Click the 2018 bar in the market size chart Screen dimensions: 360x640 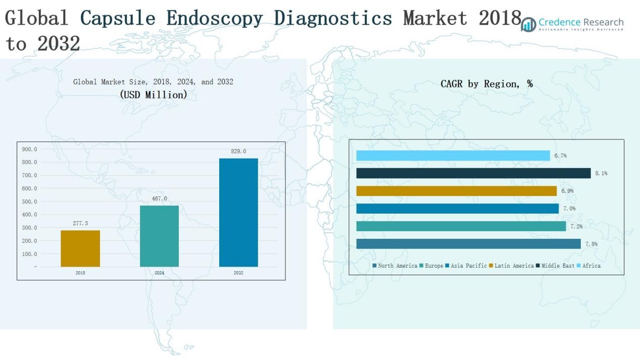click(x=80, y=248)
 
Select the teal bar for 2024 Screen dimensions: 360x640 click(x=159, y=236)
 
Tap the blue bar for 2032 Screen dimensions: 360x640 click(x=238, y=213)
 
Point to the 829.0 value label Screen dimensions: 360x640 click(x=238, y=151)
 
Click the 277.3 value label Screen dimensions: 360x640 click(x=80, y=223)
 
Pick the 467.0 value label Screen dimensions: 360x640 click(x=159, y=198)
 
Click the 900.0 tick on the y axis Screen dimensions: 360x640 click(x=29, y=149)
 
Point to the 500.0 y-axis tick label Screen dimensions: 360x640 click(x=29, y=201)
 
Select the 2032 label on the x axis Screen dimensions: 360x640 click(x=238, y=273)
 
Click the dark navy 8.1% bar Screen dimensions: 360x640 click(x=473, y=173)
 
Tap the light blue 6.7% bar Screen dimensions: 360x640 click(x=453, y=156)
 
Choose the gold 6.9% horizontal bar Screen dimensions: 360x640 click(x=456, y=191)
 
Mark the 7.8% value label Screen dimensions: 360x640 click(x=592, y=244)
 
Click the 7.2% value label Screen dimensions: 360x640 click(x=576, y=227)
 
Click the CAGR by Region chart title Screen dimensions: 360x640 click(x=486, y=84)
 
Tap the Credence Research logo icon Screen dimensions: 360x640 click(x=528, y=24)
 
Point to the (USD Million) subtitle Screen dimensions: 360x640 click(x=154, y=94)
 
